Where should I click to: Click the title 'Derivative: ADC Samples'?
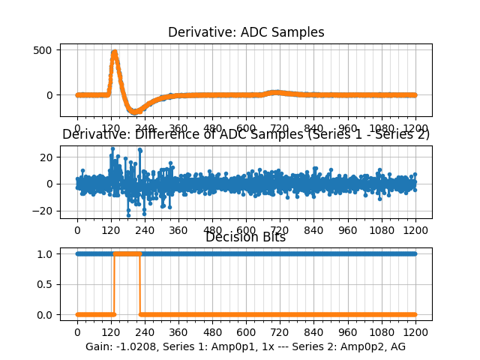tap(246, 32)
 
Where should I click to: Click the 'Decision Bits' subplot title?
tap(246, 238)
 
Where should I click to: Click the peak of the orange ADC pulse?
tap(114, 52)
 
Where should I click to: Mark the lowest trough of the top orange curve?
tap(135, 112)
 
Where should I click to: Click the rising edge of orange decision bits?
tap(114, 284)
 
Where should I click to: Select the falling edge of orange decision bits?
tap(140, 284)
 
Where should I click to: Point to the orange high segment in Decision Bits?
tap(127, 254)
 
